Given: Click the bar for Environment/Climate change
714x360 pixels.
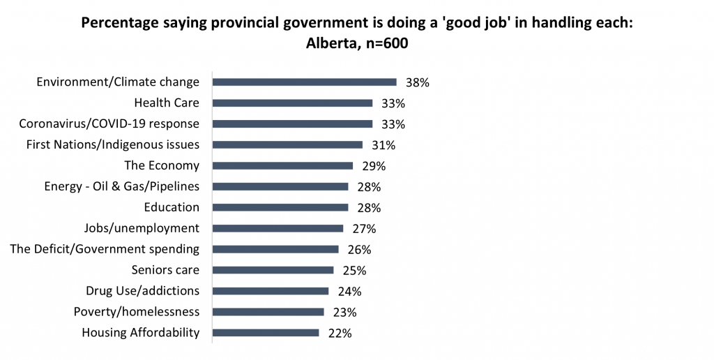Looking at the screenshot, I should tap(304, 82).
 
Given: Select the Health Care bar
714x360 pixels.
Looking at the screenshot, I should tap(292, 103).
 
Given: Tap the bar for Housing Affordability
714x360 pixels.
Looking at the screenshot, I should tap(266, 333).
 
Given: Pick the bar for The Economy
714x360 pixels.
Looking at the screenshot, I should tap(282, 166).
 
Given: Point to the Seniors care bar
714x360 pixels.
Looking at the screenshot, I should tap(273, 270).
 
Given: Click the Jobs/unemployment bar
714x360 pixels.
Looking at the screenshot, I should tap(278, 228).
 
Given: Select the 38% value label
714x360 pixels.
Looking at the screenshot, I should tap(417, 82).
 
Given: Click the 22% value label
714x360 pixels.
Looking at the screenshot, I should tap(340, 333).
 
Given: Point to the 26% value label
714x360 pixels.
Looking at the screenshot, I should tap(359, 249).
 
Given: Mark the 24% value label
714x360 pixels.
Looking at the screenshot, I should tap(349, 291).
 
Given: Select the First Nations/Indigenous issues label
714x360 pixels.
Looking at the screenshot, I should tap(113, 145).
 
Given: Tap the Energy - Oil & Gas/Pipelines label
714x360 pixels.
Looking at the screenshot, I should tap(121, 187).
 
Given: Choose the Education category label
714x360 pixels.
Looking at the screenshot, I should tap(172, 207).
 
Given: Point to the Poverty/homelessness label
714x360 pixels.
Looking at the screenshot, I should tap(137, 312).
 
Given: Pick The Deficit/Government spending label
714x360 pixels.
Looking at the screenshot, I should tap(105, 249).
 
